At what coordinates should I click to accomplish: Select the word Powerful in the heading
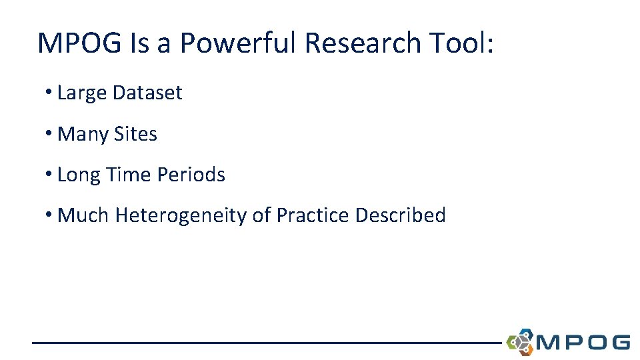tap(238, 43)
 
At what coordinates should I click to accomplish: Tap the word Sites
tap(135, 134)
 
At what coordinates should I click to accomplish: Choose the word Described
tap(400, 215)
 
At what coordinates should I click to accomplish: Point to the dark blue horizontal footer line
tap(267, 343)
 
